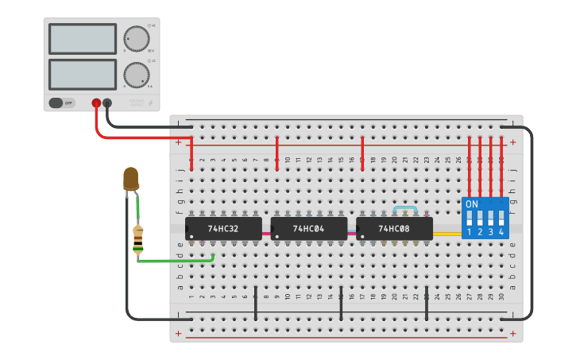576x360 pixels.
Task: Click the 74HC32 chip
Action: pyautogui.click(x=223, y=229)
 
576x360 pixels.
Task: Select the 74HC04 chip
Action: pyautogui.click(x=308, y=229)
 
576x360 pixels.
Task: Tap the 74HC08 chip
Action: pyautogui.click(x=394, y=229)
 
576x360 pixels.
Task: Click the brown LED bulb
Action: pyautogui.click(x=131, y=179)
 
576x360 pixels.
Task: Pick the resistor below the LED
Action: pyautogui.click(x=139, y=239)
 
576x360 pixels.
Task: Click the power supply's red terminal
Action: pyautogui.click(x=96, y=103)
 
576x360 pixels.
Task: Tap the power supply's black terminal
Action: pyautogui.click(x=107, y=103)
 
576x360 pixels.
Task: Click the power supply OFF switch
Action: pyautogui.click(x=57, y=103)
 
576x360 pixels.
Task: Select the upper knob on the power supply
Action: pyautogui.click(x=136, y=38)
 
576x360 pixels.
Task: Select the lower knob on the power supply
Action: pyautogui.click(x=136, y=75)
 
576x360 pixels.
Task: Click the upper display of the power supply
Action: pyautogui.click(x=83, y=38)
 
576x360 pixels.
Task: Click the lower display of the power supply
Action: pyautogui.click(x=83, y=75)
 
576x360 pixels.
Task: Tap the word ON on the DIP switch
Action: pyautogui.click(x=472, y=204)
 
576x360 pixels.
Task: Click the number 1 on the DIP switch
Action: pyautogui.click(x=470, y=232)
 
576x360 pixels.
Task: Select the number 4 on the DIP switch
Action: pyautogui.click(x=501, y=232)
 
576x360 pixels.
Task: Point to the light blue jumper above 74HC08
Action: pyautogui.click(x=405, y=208)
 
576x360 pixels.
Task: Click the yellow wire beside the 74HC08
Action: pyautogui.click(x=447, y=234)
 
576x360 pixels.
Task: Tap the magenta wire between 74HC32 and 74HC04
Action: pyautogui.click(x=266, y=234)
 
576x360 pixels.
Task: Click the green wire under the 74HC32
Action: pyautogui.click(x=175, y=260)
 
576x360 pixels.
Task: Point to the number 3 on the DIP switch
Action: pyautogui.click(x=490, y=232)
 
